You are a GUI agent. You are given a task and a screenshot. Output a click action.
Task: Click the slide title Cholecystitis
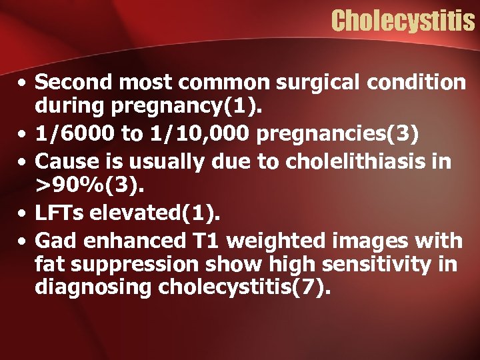pyautogui.click(x=403, y=21)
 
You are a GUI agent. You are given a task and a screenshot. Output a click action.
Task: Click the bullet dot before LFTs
pyautogui.click(x=23, y=214)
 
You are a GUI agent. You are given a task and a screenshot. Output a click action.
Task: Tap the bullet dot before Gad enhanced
pyautogui.click(x=23, y=240)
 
